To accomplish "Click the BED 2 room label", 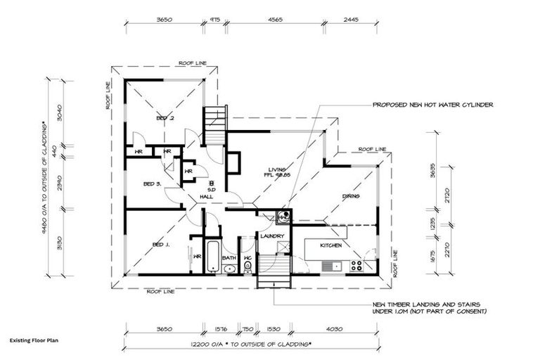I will click(x=165, y=119).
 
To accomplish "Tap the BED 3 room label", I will click(x=153, y=184).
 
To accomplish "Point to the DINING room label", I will click(x=351, y=197).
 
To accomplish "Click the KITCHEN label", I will click(x=331, y=245).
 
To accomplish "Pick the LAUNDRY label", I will click(x=272, y=236).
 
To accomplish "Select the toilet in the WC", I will click(x=247, y=266).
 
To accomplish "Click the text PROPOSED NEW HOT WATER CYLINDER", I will click(x=432, y=105).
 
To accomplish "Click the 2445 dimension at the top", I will click(x=349, y=20).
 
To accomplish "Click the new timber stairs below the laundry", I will click(x=274, y=269).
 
